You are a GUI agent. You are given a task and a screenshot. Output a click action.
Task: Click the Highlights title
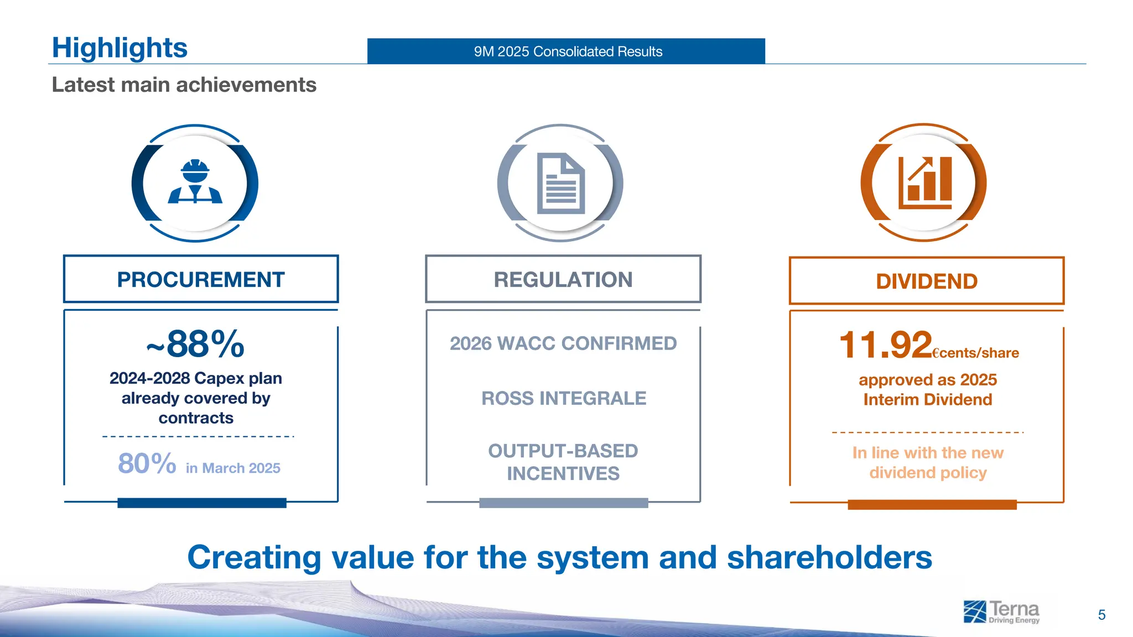(x=119, y=48)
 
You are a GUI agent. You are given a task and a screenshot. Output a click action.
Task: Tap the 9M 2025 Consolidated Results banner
(x=566, y=51)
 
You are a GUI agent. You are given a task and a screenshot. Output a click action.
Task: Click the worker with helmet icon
(x=195, y=182)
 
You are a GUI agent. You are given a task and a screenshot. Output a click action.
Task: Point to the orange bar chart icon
(x=924, y=182)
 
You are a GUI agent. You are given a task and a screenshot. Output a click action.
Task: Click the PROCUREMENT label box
(x=201, y=279)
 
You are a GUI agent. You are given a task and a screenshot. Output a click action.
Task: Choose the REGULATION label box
(x=563, y=279)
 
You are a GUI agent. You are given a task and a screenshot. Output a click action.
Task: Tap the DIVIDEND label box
(x=926, y=281)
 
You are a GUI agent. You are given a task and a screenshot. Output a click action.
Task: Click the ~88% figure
(x=195, y=344)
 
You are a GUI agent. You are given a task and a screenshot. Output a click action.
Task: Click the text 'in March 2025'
(x=233, y=468)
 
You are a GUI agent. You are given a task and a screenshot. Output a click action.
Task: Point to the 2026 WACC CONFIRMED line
(x=563, y=343)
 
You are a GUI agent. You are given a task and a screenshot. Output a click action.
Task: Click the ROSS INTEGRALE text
(x=563, y=398)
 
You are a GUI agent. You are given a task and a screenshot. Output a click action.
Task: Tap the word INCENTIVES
(x=563, y=473)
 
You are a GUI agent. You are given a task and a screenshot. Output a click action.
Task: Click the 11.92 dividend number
(x=885, y=345)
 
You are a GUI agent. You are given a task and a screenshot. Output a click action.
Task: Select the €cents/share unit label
(x=975, y=353)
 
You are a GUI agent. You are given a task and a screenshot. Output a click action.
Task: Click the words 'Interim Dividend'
(x=927, y=400)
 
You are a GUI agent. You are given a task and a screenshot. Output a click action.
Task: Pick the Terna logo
(x=1001, y=612)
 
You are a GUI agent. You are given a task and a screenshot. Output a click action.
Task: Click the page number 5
(x=1101, y=615)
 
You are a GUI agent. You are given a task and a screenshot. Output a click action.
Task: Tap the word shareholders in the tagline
(x=829, y=557)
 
